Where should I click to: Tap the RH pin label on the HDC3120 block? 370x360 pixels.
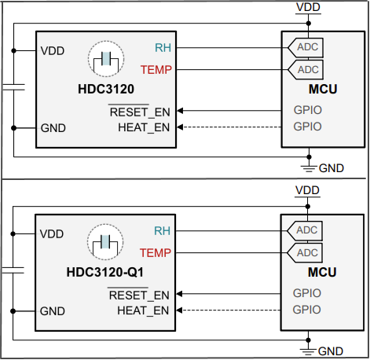(x=163, y=47)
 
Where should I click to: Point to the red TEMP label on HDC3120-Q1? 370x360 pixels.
(x=155, y=252)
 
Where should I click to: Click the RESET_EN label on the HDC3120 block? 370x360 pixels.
(x=139, y=112)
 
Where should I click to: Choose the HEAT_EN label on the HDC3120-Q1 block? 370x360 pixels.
(x=143, y=310)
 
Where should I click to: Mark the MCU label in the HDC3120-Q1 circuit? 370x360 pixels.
(x=323, y=272)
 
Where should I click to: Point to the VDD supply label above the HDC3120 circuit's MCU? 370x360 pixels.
(x=308, y=7)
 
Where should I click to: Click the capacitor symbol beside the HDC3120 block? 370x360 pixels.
(x=13, y=86)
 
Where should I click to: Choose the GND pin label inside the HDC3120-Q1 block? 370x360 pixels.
(x=53, y=310)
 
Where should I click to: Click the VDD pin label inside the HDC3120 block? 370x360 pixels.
(x=52, y=51)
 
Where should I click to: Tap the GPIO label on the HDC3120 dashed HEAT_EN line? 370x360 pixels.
(x=307, y=127)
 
